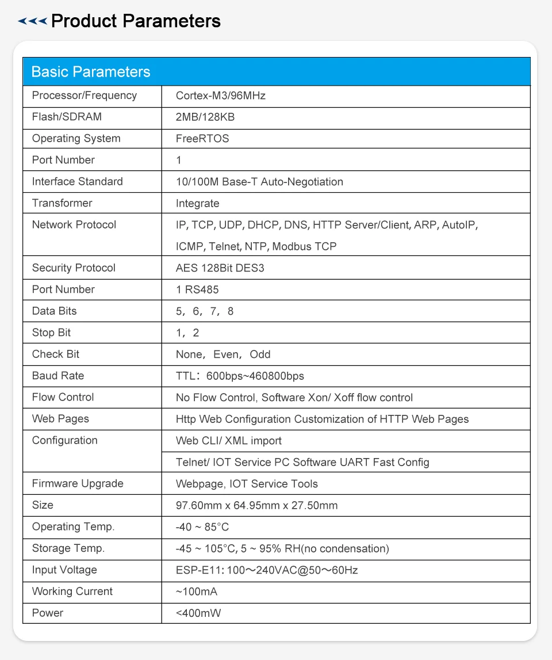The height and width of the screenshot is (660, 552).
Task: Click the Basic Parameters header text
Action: pos(91,72)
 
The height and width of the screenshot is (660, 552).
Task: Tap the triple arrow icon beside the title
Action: pos(32,22)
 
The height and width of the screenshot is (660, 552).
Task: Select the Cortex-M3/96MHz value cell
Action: pos(221,96)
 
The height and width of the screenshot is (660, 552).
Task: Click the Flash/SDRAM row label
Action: pos(67,117)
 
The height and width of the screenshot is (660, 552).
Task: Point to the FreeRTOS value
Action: pos(202,139)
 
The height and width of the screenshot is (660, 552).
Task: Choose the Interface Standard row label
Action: pos(78,182)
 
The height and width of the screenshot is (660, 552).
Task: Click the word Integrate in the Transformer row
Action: pos(198,203)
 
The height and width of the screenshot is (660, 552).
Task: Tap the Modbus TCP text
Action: pos(304,246)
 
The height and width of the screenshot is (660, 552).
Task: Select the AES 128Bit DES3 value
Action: pos(220,268)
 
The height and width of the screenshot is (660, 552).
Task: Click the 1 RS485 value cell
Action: pos(197,289)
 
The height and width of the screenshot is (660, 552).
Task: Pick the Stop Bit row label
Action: pos(52,333)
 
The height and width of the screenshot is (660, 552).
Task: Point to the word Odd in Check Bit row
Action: pos(260,354)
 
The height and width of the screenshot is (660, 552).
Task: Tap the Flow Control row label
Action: pos(63,398)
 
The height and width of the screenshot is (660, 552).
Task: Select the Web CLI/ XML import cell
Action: pos(229,441)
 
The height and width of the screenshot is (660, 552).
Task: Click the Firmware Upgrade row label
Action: pos(78,484)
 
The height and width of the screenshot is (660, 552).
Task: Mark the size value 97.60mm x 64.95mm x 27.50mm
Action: pos(257,506)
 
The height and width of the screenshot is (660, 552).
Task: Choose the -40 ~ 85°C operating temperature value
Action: pos(202,527)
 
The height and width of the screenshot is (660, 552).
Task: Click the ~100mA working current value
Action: pos(197,592)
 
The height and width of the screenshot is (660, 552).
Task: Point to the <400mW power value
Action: pos(198,613)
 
